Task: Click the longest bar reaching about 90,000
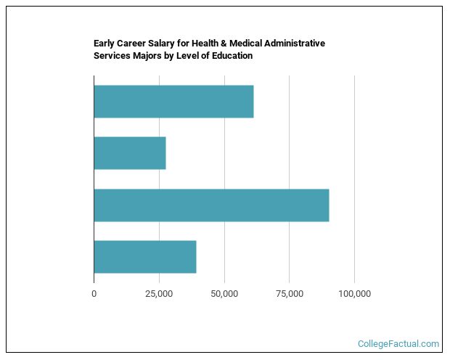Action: (211, 205)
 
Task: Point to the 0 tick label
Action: (94, 294)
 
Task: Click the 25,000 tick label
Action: (159, 294)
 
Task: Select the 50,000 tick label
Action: (224, 294)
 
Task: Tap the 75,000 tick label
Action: (289, 294)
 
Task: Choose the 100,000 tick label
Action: (354, 294)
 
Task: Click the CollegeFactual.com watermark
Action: (398, 344)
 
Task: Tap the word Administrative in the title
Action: (292, 44)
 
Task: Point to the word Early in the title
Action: (105, 44)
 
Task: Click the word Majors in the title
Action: (147, 56)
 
